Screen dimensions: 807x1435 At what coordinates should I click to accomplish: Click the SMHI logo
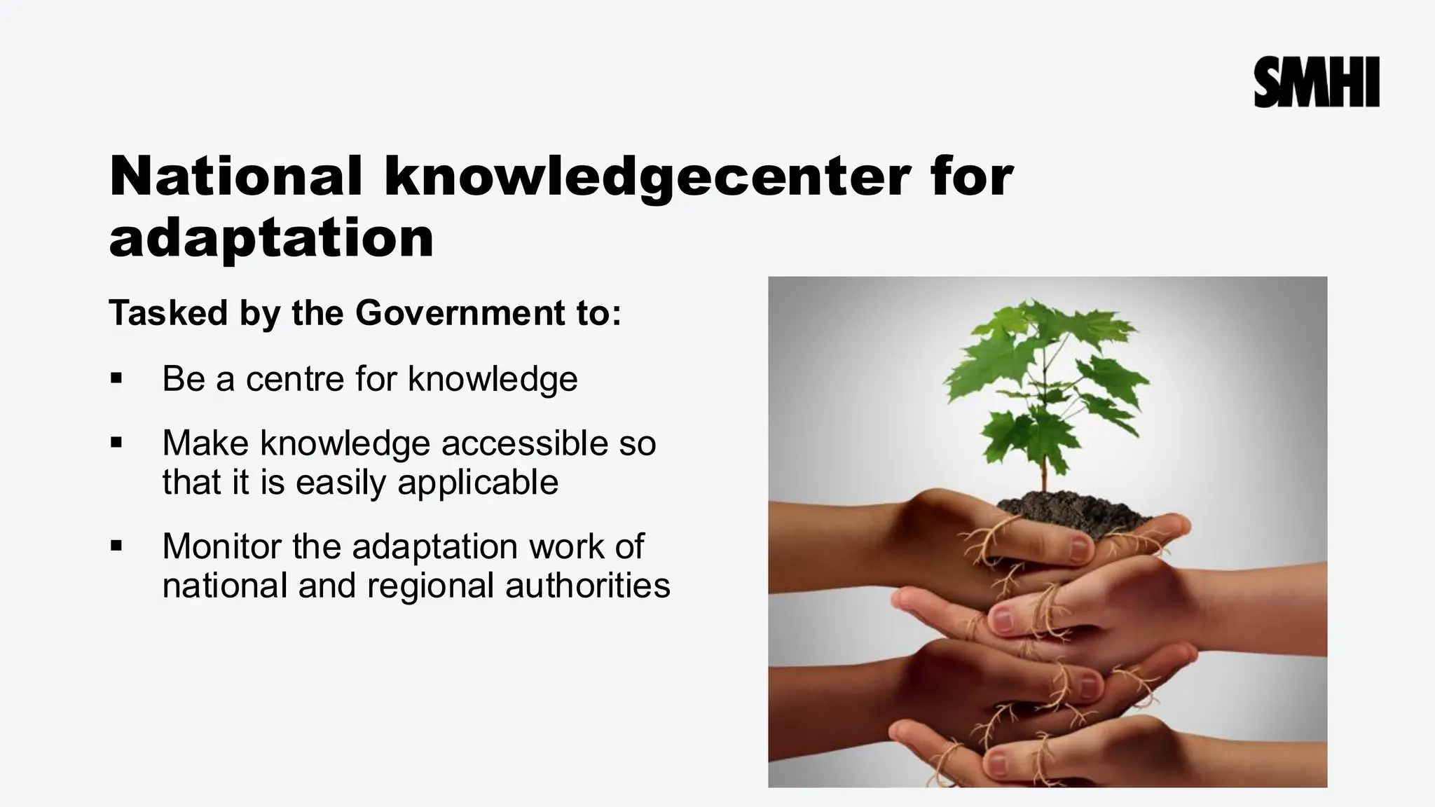click(x=1316, y=83)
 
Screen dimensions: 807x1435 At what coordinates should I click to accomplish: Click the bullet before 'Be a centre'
click(x=116, y=379)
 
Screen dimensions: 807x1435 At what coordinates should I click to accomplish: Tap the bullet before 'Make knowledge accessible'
click(x=116, y=443)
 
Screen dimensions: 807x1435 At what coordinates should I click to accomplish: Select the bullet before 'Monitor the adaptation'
click(x=116, y=546)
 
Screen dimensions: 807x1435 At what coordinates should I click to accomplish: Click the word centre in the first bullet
click(x=294, y=379)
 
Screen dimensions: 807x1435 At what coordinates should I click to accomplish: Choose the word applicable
click(x=478, y=483)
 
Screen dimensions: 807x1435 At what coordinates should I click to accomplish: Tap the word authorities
click(x=587, y=586)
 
